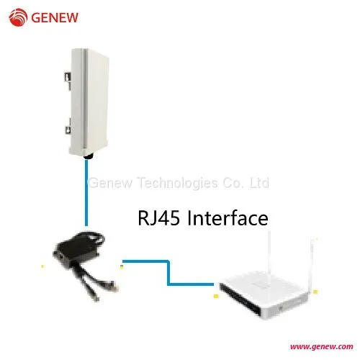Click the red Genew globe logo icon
click(18, 17)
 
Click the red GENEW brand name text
click(55, 17)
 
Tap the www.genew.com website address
click(321, 346)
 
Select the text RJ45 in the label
click(158, 218)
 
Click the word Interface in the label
click(228, 217)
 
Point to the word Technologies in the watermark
click(178, 183)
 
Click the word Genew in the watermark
click(110, 183)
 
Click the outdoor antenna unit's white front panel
click(96, 101)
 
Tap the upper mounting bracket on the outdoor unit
click(68, 79)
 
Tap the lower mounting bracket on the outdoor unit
click(68, 128)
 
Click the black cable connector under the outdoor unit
click(89, 157)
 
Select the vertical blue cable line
click(86, 193)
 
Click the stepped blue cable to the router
click(168, 273)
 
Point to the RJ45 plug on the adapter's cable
click(113, 286)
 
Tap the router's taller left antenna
click(269, 254)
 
